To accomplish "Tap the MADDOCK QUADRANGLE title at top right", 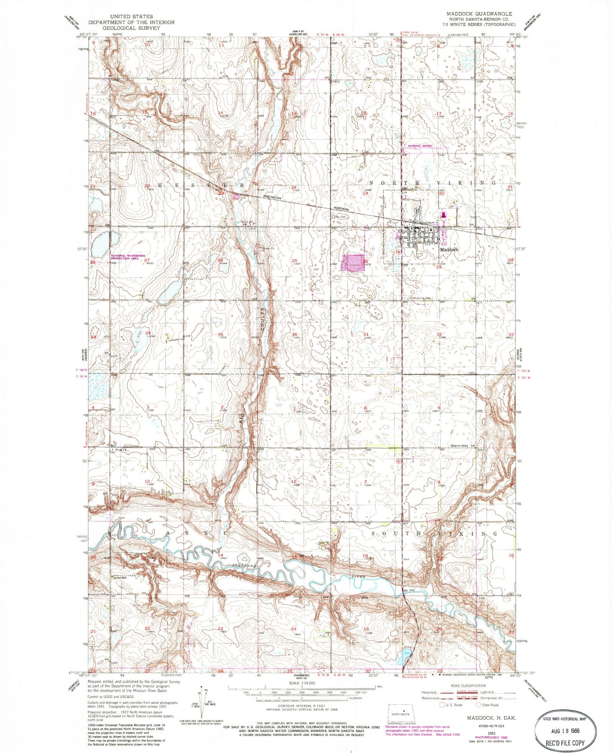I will pyautogui.click(x=479, y=14).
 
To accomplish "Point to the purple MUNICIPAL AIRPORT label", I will pyautogui.click(x=420, y=146).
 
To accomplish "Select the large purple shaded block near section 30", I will pyautogui.click(x=353, y=262).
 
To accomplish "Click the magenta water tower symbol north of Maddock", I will pyautogui.click(x=444, y=216).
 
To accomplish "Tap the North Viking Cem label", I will pyautogui.click(x=420, y=298).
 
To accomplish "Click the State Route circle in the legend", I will pyautogui.click(x=479, y=705).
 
